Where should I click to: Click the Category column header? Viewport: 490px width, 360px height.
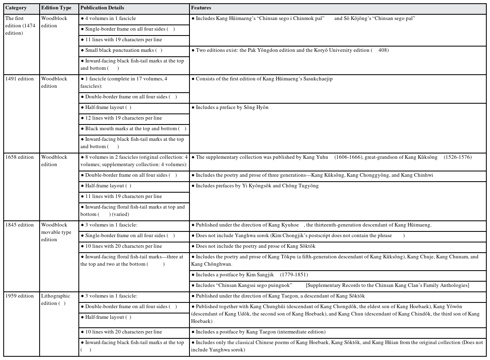16,8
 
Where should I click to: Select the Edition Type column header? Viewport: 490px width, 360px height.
56,8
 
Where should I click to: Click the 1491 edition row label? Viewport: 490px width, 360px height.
20,79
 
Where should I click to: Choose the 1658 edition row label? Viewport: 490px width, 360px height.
20,157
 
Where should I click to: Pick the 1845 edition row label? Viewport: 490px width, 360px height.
20,225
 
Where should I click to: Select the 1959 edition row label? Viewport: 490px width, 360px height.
20,296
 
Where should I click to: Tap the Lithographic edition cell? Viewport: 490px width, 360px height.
56,300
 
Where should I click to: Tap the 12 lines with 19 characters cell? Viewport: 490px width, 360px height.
123,118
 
